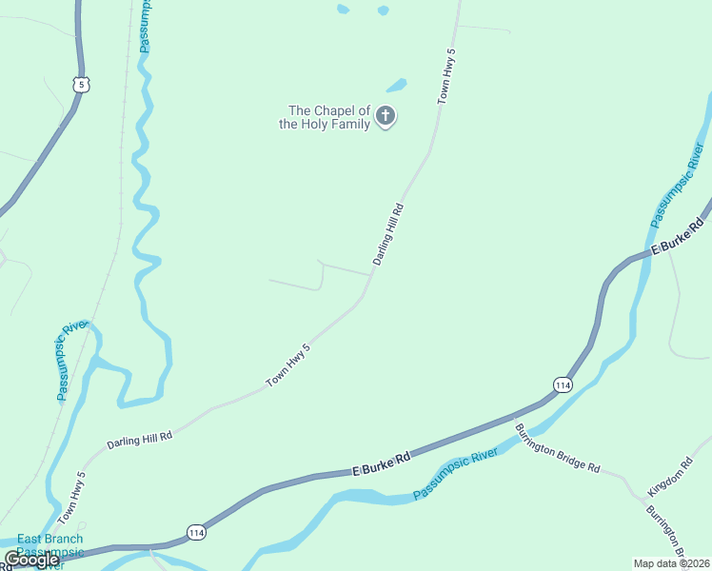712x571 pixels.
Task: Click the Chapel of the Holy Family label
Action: (x=325, y=117)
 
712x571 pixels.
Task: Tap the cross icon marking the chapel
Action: (x=386, y=117)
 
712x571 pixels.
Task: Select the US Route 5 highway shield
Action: (x=82, y=85)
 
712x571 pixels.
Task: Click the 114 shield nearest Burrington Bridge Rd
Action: (x=562, y=384)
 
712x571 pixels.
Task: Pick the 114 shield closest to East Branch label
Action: (x=195, y=531)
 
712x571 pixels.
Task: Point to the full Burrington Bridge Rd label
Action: (x=558, y=446)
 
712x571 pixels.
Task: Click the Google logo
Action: (x=31, y=560)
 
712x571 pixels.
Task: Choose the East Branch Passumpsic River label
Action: (x=49, y=550)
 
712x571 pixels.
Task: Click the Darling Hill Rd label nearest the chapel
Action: (x=388, y=233)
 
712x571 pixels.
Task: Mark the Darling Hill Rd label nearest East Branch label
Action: (x=139, y=439)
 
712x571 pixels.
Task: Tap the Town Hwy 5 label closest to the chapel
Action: (x=446, y=75)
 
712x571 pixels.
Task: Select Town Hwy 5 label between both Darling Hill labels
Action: (x=288, y=365)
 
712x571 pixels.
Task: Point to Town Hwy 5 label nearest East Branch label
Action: (x=71, y=497)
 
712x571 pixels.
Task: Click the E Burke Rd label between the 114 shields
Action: (x=381, y=464)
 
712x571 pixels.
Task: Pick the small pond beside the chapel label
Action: (x=396, y=86)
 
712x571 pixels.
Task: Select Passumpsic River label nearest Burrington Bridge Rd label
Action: (x=456, y=475)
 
